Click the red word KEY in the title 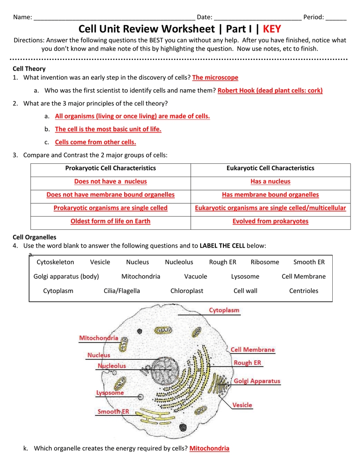[x=272, y=29]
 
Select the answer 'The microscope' [x=215, y=78]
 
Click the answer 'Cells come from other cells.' [x=96, y=142]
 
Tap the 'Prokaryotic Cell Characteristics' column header [x=111, y=168]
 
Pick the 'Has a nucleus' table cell [x=270, y=181]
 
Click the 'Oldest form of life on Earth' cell [x=111, y=221]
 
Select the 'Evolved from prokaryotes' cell [x=270, y=221]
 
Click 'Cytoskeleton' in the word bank [x=55, y=262]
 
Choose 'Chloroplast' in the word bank [x=187, y=291]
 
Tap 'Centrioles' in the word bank [x=304, y=291]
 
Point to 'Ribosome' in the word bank [x=265, y=262]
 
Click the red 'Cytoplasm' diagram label [x=224, y=310]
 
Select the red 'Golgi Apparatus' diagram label [x=257, y=381]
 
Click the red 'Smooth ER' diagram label [x=113, y=412]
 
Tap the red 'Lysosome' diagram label [x=110, y=392]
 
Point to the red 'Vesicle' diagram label [x=242, y=405]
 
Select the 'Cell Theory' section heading [x=29, y=69]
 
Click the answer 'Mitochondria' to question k [x=209, y=448]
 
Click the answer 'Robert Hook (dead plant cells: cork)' [x=270, y=91]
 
